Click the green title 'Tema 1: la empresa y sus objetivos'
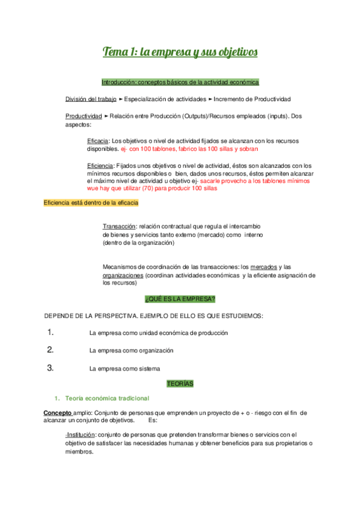click(180, 52)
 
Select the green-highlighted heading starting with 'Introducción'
click(180, 82)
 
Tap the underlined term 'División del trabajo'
click(91, 99)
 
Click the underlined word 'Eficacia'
click(99, 141)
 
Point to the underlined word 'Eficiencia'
click(102, 165)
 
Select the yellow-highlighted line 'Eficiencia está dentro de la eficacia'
click(91, 203)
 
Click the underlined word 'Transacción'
click(119, 226)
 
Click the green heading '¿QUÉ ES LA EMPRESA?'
click(180, 299)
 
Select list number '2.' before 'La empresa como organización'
click(50, 349)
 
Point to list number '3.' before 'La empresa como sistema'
click(50, 367)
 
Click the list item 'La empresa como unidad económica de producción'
click(158, 333)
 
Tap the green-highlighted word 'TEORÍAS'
click(180, 383)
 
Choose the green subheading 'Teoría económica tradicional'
click(108, 398)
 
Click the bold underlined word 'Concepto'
click(57, 413)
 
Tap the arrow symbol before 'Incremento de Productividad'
click(210, 99)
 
